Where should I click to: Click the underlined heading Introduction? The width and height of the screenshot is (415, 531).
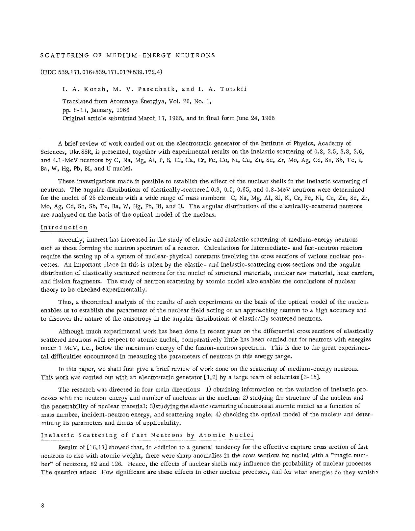point(64,227)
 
